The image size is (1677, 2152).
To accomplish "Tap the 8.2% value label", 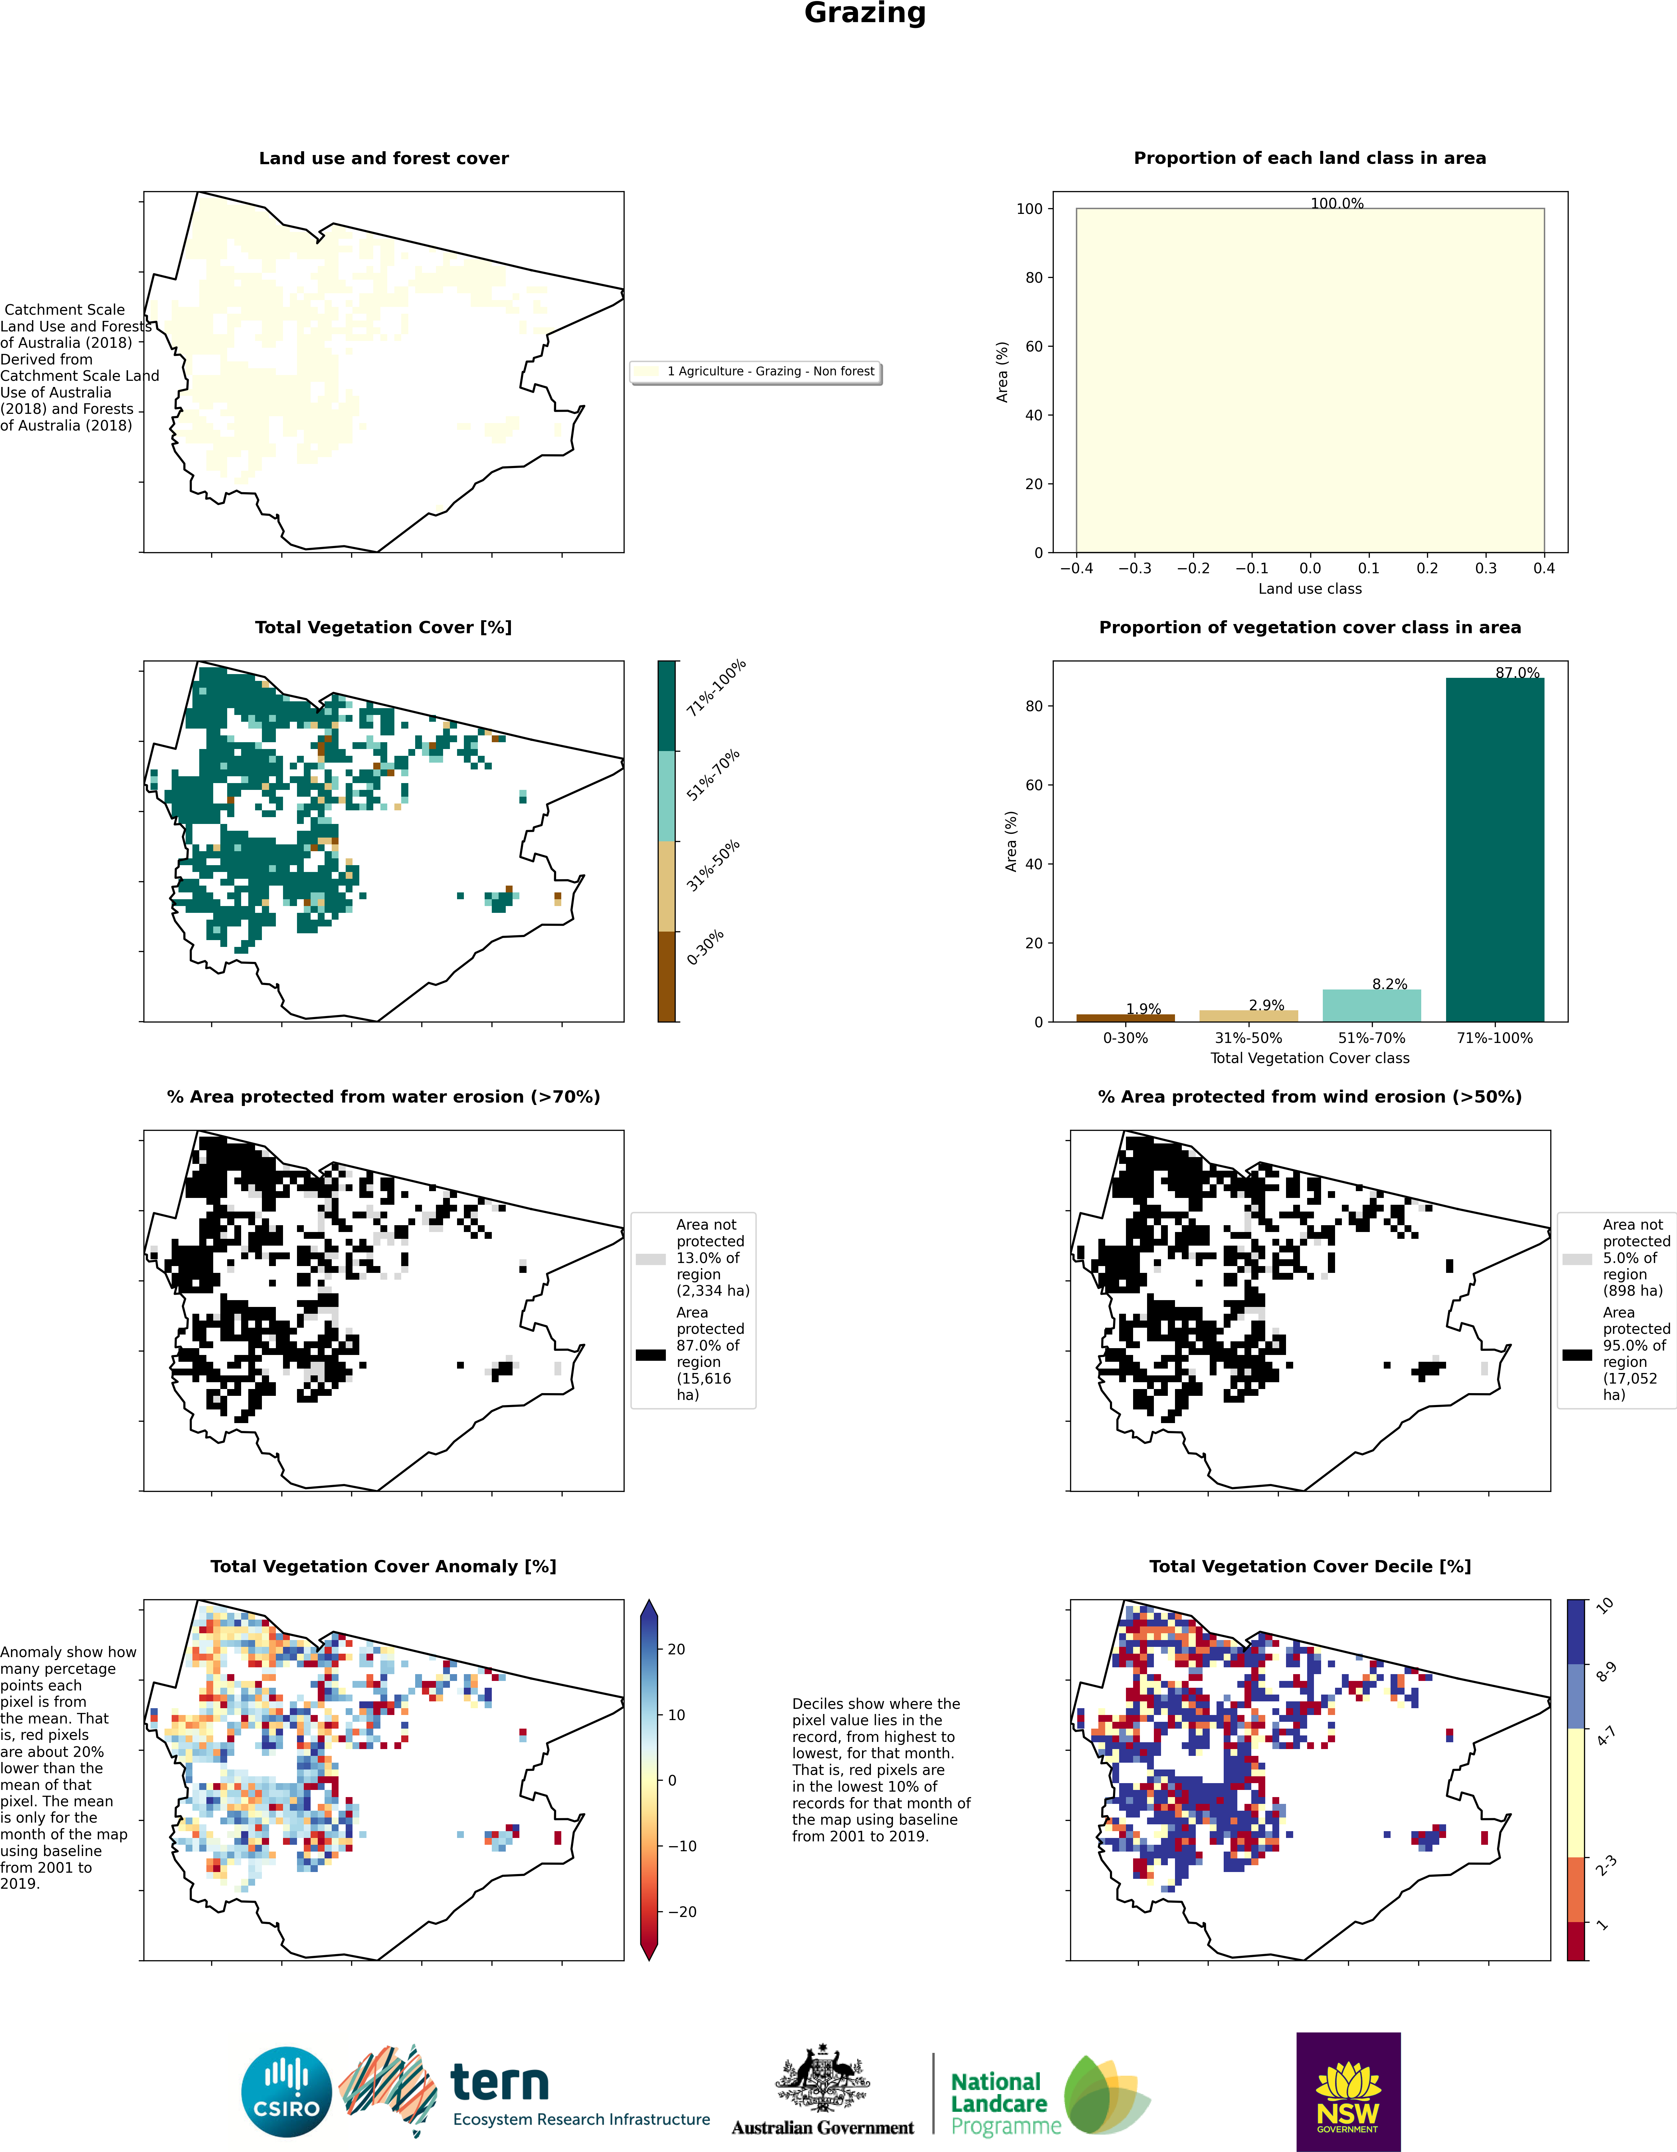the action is point(1389,983).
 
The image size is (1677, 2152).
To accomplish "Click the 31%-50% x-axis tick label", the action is point(1249,1038).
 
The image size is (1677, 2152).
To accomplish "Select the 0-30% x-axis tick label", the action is point(1125,1038).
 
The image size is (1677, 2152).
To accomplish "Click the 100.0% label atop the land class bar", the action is point(1337,203).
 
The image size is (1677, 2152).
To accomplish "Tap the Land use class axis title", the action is point(1310,588).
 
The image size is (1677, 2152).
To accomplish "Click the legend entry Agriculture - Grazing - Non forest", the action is point(769,372).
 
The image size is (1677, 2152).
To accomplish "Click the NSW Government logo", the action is point(1348,2092).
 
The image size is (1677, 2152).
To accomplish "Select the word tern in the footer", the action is point(500,2082).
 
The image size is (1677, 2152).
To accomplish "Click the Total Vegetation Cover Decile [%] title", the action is point(1310,1566).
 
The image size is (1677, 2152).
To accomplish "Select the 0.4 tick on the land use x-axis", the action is point(1544,568).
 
